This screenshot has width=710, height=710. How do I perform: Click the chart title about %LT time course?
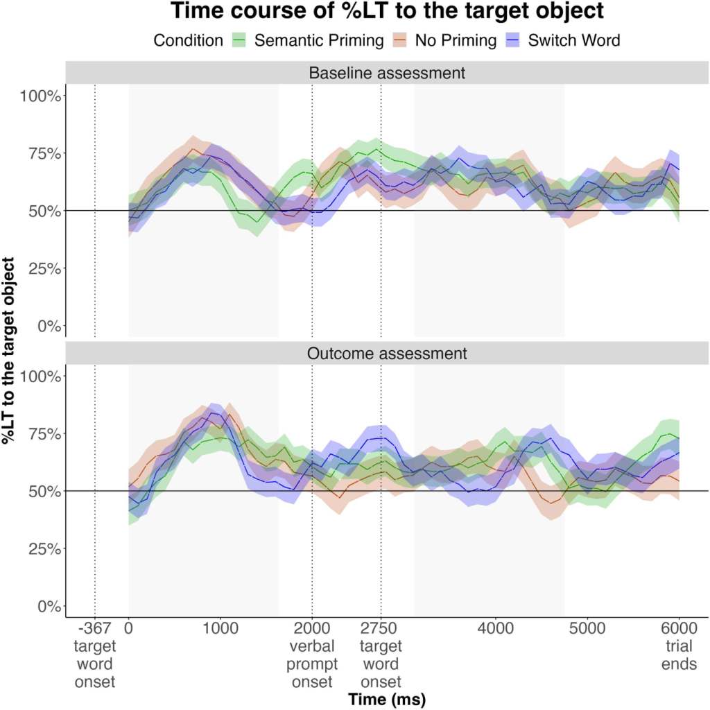click(386, 12)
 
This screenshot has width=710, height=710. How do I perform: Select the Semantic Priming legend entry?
click(318, 40)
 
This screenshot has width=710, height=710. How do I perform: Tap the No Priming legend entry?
click(456, 40)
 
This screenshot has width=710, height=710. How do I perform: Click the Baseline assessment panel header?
click(386, 73)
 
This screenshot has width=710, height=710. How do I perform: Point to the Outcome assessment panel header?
click(386, 354)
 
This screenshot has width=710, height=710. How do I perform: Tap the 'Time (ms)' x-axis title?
click(386, 699)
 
